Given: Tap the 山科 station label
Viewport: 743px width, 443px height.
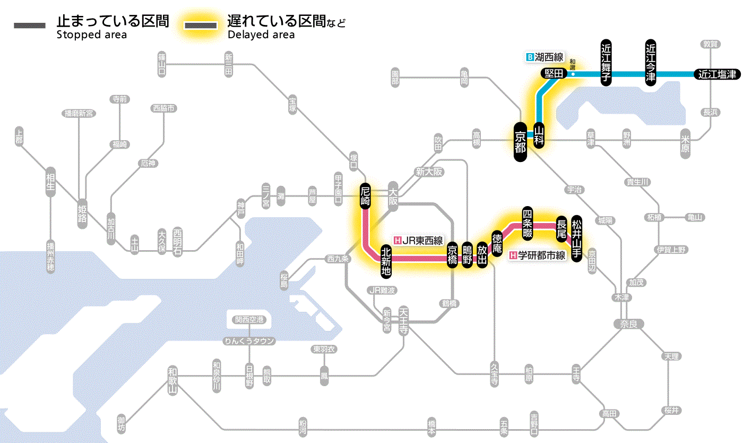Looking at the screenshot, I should (x=539, y=135).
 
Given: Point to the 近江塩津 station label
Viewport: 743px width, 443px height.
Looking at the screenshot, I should (x=717, y=74).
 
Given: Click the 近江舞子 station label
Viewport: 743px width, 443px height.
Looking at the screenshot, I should (x=607, y=62).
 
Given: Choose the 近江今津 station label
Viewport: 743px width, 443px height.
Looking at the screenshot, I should (x=651, y=62).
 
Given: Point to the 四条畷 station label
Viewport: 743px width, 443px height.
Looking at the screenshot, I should (x=527, y=221).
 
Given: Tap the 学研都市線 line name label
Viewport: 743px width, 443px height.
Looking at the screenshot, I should (x=538, y=255).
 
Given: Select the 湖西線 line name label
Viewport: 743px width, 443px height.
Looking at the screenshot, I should (x=545, y=57).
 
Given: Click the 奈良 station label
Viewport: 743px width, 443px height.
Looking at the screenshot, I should (x=628, y=323).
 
